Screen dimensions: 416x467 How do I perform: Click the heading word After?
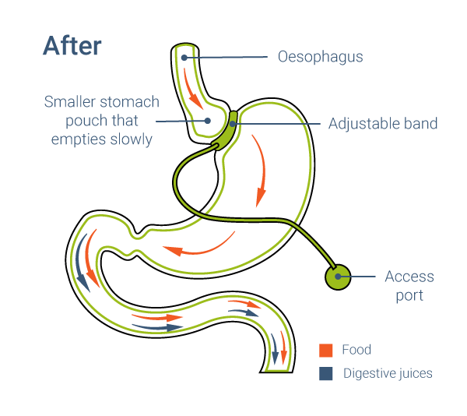[72, 45]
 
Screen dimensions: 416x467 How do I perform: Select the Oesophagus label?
[320, 57]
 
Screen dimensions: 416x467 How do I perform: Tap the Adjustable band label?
[382, 123]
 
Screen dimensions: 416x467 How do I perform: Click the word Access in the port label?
[409, 277]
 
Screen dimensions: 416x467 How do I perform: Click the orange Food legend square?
[325, 351]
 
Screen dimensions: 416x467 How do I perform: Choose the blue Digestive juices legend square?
[325, 373]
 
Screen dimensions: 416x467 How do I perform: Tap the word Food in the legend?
[356, 351]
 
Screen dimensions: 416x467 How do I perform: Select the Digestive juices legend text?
[388, 373]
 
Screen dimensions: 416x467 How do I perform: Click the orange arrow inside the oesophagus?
[192, 90]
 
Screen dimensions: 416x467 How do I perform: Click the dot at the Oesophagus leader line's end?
[184, 58]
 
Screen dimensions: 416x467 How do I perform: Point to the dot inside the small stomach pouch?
[207, 120]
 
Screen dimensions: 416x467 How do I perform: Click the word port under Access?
[409, 295]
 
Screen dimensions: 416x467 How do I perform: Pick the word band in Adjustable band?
[421, 123]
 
